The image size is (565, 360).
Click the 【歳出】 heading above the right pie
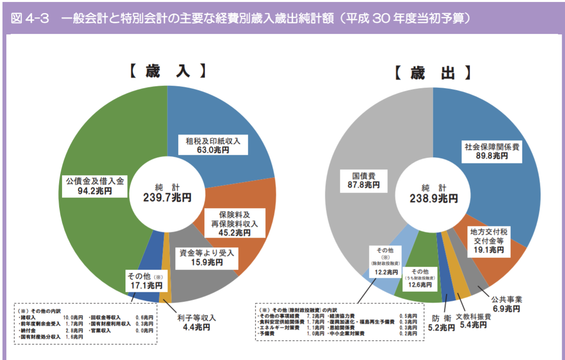432,73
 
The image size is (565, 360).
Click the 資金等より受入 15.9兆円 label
207,257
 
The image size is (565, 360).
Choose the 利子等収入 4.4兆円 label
196,322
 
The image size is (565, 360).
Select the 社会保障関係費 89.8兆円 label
491,151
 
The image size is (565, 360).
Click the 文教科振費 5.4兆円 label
473,321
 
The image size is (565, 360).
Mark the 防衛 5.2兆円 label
442,323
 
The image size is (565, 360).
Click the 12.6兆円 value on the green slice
419,285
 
